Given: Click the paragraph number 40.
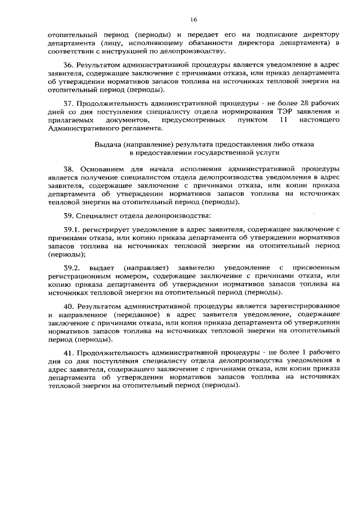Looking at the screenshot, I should [x=68, y=307].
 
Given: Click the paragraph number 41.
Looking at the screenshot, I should [x=68, y=353].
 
